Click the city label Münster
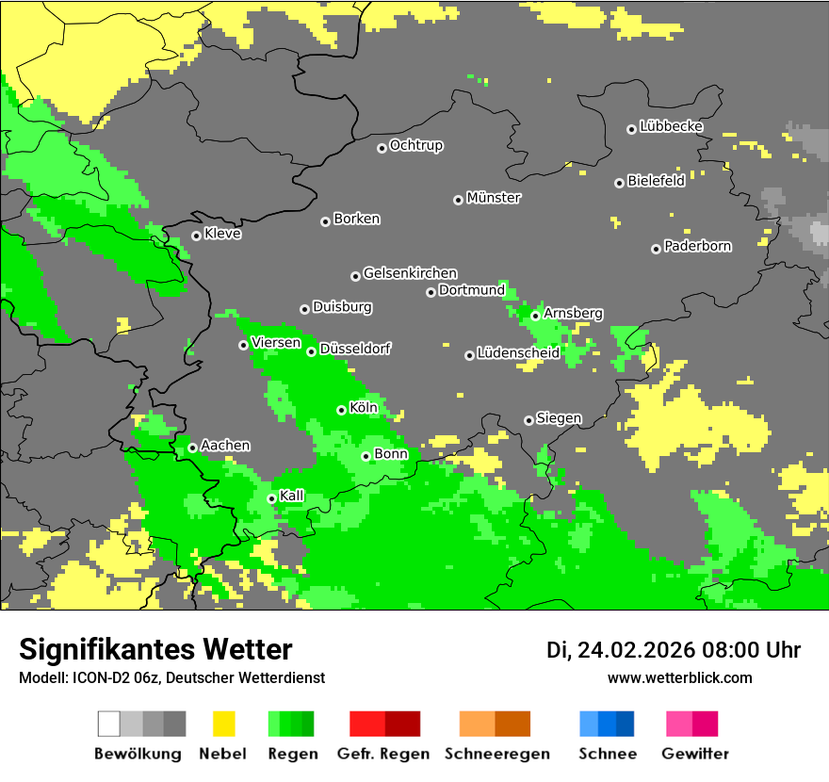494,198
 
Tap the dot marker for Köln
341,410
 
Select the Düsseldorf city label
355,349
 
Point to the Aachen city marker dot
192,448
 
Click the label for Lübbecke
672,126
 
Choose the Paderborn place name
698,246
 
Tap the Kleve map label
223,234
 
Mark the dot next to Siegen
528,420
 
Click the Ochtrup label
416,145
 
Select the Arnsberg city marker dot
535,316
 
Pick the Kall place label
292,496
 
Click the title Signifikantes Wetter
155,649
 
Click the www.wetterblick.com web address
679,677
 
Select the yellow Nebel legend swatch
223,724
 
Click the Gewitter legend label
695,754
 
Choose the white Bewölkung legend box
109,724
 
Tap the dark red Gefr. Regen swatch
402,724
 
